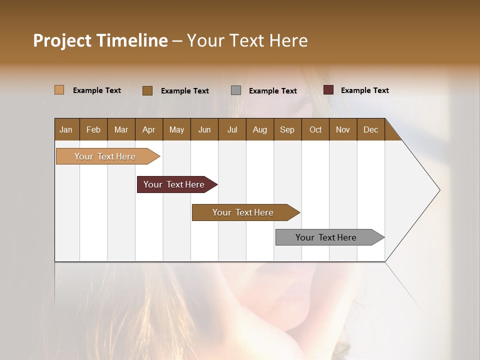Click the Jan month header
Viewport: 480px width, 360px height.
click(66, 129)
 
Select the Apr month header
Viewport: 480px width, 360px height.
click(148, 129)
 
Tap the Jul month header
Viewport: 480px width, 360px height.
click(232, 129)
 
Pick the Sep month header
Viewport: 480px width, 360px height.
click(287, 129)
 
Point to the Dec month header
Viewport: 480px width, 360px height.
click(370, 129)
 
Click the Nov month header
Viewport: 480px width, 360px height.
click(342, 129)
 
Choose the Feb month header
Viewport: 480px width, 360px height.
click(93, 129)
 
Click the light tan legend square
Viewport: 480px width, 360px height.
click(59, 90)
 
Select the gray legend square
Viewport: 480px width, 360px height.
click(236, 90)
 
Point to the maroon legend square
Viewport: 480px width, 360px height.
click(328, 90)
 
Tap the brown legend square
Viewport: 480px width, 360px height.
click(147, 90)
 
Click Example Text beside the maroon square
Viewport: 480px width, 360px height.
click(364, 90)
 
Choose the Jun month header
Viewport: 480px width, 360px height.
click(204, 129)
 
